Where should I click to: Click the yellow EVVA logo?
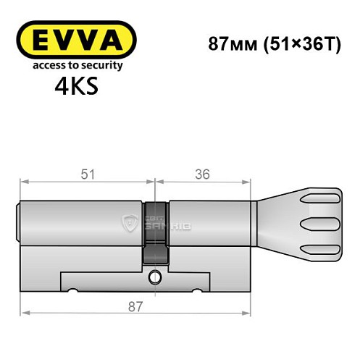pos(75,40)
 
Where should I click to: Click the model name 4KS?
pos(75,88)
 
